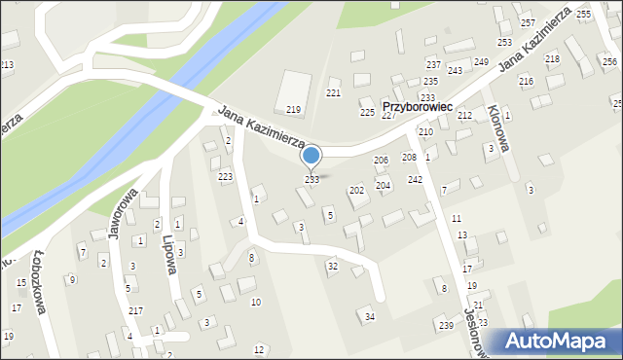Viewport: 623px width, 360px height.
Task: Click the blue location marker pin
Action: click(311, 157)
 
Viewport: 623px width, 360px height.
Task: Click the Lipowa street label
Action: click(174, 254)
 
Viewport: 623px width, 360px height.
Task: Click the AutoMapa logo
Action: click(561, 341)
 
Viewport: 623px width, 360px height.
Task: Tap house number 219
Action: click(293, 110)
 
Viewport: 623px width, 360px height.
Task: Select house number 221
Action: click(333, 93)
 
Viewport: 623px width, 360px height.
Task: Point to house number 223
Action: click(225, 177)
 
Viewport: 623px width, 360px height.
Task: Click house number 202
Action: click(356, 191)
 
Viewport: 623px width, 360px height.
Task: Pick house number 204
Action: click(384, 185)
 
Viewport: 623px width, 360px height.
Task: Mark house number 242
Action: click(415, 180)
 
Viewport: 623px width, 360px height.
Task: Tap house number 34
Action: click(369, 317)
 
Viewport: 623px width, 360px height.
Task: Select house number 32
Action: click(332, 266)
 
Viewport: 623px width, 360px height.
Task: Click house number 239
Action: click(446, 325)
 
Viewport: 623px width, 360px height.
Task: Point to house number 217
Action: click(135, 311)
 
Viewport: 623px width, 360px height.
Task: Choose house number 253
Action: click(504, 43)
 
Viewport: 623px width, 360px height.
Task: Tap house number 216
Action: click(526, 81)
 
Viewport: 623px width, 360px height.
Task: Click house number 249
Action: click(481, 62)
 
